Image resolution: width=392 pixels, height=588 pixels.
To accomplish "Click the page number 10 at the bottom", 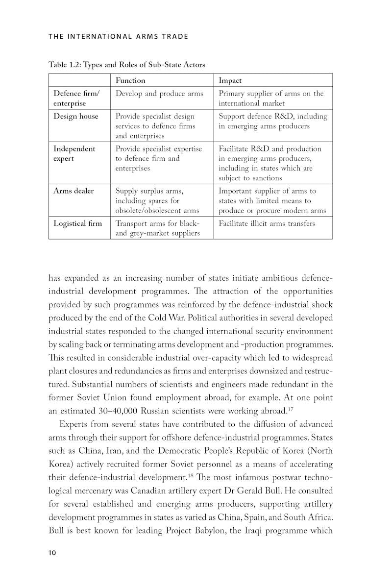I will pos(52,553).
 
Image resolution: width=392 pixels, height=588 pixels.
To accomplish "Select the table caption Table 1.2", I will pos(126,65).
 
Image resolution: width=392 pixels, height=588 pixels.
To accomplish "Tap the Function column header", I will pos(130,80).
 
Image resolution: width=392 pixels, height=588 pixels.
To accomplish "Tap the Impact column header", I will pos(230,80).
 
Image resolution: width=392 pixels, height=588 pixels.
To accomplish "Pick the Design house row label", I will pos(75,116).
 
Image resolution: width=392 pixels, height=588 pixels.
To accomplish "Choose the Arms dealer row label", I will pos(73,191).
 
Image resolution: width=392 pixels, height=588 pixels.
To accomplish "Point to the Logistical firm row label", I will pos(77,223).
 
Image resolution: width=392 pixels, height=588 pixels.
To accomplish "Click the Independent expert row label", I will pos(74,153).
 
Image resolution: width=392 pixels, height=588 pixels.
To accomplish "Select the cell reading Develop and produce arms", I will pos(159,94).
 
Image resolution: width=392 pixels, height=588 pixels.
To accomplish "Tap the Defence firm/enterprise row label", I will pos(76,98).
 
